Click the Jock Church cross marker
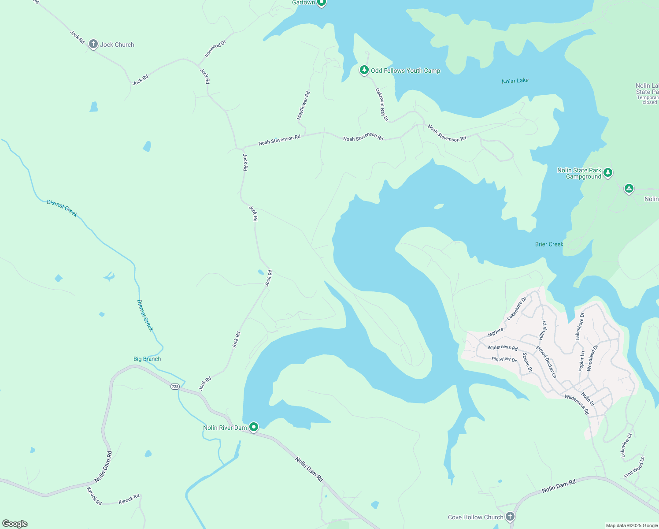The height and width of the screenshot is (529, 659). pyautogui.click(x=93, y=44)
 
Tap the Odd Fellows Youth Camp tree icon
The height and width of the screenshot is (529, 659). pyautogui.click(x=364, y=70)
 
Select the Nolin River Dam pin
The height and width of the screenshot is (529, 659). pyautogui.click(x=253, y=427)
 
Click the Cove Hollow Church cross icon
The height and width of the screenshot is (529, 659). pyautogui.click(x=510, y=516)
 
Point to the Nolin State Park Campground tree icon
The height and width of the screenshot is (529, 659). pyautogui.click(x=608, y=172)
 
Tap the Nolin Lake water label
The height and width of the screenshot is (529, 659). pyautogui.click(x=515, y=81)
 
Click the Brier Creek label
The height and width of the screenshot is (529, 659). pyautogui.click(x=549, y=244)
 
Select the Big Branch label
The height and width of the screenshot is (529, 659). pyautogui.click(x=147, y=359)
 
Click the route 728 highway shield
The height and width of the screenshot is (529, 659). pyautogui.click(x=175, y=387)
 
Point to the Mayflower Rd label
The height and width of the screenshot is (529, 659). pyautogui.click(x=304, y=106)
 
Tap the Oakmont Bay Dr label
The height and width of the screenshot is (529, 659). pyautogui.click(x=382, y=104)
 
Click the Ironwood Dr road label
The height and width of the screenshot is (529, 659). pyautogui.click(x=215, y=48)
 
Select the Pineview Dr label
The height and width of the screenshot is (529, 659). pyautogui.click(x=504, y=359)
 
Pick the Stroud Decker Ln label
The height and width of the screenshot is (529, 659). pyautogui.click(x=546, y=362)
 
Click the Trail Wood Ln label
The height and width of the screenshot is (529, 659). pyautogui.click(x=634, y=467)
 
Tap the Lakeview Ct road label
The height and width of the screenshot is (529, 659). pyautogui.click(x=626, y=445)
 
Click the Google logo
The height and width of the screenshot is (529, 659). pyautogui.click(x=15, y=524)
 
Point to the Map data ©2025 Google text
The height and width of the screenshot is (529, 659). pyautogui.click(x=631, y=525)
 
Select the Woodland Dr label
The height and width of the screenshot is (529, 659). pyautogui.click(x=593, y=358)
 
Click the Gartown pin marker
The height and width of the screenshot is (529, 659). pyautogui.click(x=322, y=3)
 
